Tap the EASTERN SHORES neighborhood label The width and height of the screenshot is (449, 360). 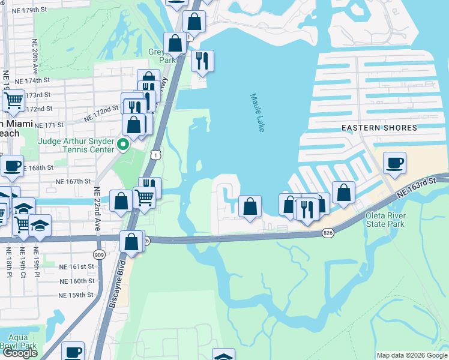(379, 128)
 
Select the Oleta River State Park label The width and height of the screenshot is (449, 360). (385, 220)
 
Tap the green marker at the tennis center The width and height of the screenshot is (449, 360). (124, 144)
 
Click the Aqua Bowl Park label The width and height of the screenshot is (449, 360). (18, 341)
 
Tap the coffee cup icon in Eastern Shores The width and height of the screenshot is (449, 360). (394, 163)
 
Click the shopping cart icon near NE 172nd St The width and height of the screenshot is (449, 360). (13, 100)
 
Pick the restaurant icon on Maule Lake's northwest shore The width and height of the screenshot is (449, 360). (202, 61)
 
